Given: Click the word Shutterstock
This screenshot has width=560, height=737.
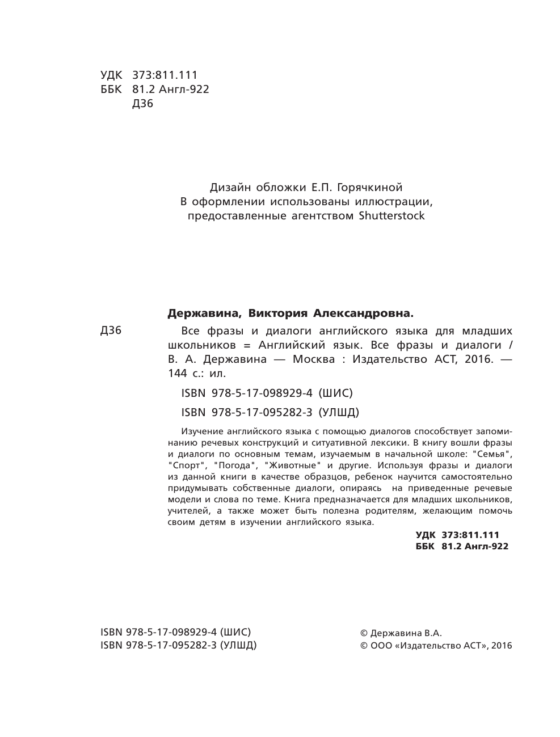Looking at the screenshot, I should pyautogui.click(x=391, y=216).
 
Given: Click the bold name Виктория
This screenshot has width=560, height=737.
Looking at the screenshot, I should pyautogui.click(x=278, y=313).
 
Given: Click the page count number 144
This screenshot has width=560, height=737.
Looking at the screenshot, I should pyautogui.click(x=178, y=374).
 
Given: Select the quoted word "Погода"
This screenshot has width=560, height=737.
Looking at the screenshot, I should pyautogui.click(x=233, y=465).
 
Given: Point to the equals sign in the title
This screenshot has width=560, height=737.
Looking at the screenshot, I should pyautogui.click(x=246, y=345).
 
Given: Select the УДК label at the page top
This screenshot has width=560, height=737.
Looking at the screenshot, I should pyautogui.click(x=111, y=75).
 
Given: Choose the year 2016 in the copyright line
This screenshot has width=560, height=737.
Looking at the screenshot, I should pyautogui.click(x=501, y=646).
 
